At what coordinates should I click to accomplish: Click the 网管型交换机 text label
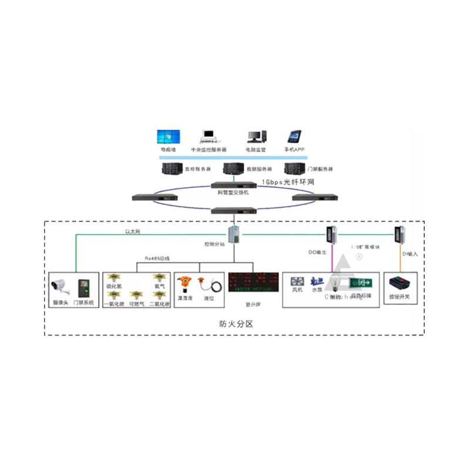229,192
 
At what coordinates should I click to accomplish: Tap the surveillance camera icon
61,286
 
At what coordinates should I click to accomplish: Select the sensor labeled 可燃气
135,294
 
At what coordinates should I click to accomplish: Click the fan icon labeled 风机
297,280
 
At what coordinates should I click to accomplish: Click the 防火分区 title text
231,324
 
